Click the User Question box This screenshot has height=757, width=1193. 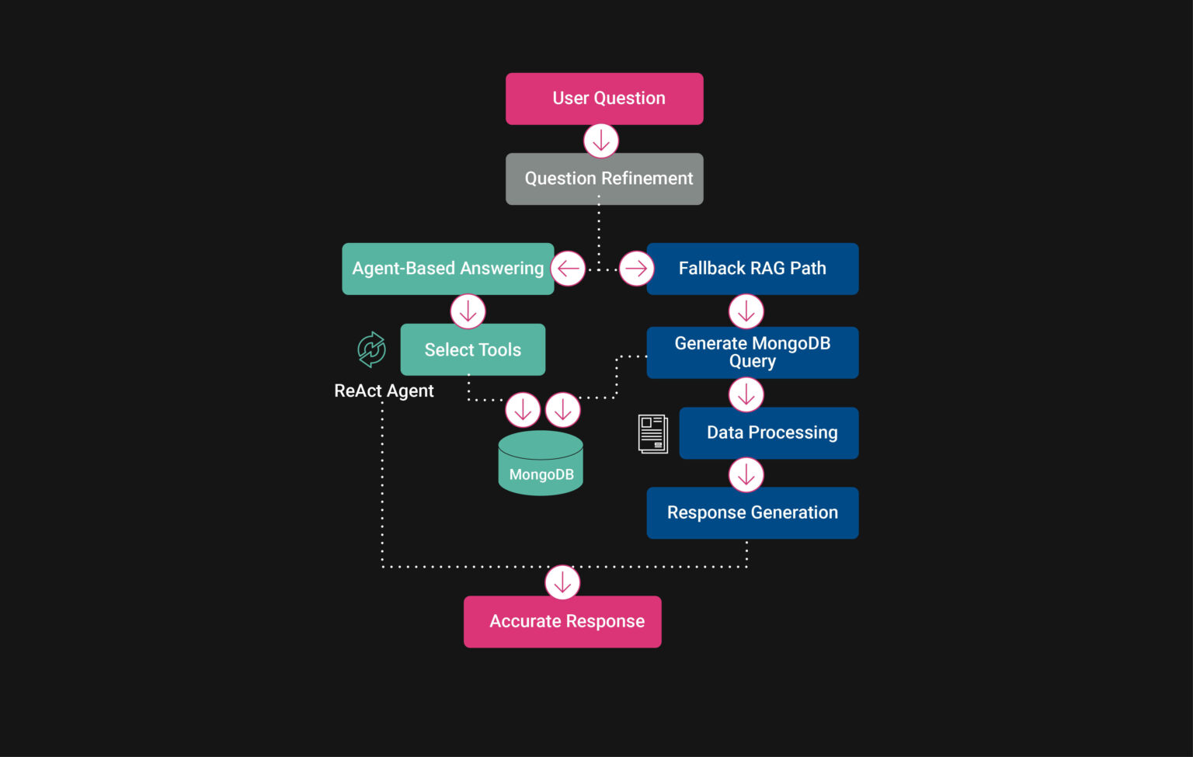604,99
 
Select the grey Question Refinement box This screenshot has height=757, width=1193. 604,179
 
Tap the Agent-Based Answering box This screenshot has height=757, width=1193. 447,269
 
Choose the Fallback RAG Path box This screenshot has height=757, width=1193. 752,269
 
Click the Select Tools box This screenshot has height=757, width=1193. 472,349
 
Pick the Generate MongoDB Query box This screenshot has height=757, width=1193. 752,352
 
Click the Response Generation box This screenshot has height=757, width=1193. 752,512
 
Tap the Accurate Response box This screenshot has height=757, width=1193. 562,621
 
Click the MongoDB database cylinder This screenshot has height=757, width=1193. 541,464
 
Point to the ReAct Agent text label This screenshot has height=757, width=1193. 384,391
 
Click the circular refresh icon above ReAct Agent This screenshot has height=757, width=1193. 371,349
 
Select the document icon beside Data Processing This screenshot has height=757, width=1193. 652,433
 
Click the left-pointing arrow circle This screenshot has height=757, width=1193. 568,269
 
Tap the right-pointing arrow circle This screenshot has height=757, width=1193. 636,269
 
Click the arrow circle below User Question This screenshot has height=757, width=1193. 600,141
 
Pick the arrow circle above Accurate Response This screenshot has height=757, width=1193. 562,582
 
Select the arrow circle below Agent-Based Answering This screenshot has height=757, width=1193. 468,311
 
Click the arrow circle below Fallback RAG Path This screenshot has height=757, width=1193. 746,311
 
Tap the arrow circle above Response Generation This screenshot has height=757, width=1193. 746,474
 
